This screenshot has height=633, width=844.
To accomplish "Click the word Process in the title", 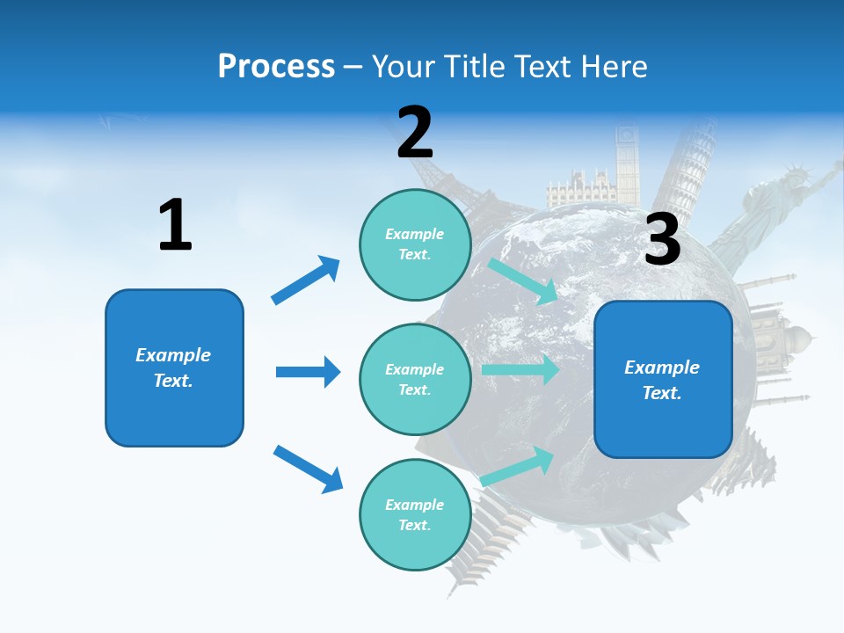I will (x=276, y=66).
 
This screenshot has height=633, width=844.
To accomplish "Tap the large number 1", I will (x=175, y=225).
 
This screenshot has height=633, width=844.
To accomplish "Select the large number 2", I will (x=415, y=132).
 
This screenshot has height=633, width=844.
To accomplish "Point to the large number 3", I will (x=662, y=239).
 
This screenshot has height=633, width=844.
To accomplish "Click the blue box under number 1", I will (x=174, y=367).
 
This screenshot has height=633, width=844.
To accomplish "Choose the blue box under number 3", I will (x=663, y=379).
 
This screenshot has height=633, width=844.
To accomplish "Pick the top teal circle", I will (x=415, y=244).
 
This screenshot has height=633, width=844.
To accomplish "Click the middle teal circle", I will (x=415, y=379).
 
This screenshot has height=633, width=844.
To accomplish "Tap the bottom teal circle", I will (x=415, y=514).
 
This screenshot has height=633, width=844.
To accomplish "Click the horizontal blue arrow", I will (x=308, y=372).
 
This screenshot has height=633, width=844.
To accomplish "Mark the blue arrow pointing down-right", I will (x=308, y=469).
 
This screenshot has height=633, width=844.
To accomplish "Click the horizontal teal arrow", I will (x=520, y=369).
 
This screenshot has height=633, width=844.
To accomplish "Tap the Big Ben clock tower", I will (x=627, y=163).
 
